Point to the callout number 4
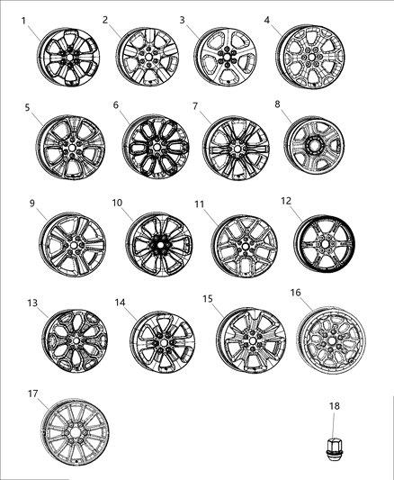267,20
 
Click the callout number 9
31,203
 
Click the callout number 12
287,200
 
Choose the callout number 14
121,302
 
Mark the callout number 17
31,393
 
